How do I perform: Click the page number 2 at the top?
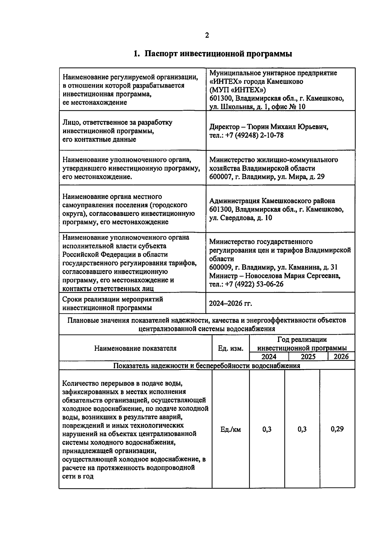[207, 35]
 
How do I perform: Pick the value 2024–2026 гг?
[231, 303]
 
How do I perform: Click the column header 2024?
[269, 356]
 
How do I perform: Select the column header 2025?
[308, 356]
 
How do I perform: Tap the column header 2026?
[341, 356]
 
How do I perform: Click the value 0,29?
[337, 429]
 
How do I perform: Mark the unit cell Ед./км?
[231, 430]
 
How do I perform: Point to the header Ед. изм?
[231, 348]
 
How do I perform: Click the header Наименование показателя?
[135, 348]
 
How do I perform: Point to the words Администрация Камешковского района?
[272, 201]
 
